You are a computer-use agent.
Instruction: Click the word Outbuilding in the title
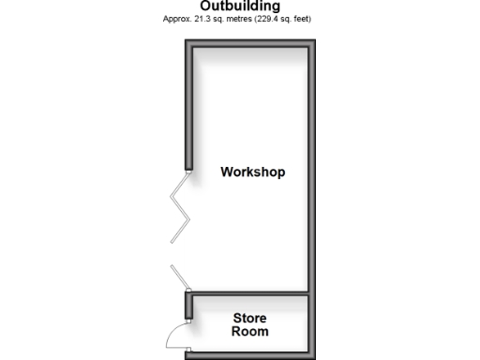click(240, 6)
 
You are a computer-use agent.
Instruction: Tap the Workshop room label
click(252, 172)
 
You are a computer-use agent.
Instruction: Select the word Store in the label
click(249, 319)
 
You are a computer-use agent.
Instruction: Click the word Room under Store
click(249, 332)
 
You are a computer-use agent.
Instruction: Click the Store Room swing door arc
click(176, 335)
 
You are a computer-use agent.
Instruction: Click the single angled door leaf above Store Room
click(180, 277)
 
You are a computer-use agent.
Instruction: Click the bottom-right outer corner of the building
click(313, 355)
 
